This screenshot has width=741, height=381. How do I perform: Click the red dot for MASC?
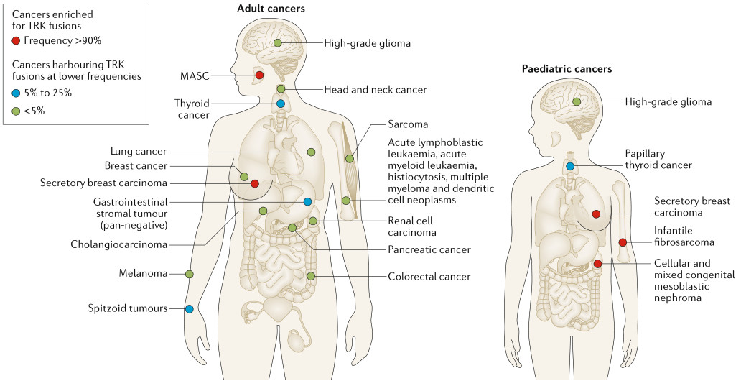259,75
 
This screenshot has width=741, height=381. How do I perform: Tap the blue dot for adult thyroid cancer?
281,104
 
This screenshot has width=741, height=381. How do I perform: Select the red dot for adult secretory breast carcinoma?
255,183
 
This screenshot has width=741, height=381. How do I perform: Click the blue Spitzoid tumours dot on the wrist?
189,308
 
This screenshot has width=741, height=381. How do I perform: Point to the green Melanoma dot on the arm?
189,274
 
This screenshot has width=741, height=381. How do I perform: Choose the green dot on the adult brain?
278,42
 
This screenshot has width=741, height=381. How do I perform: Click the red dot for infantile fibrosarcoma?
623,242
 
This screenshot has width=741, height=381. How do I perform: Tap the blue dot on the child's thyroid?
570,166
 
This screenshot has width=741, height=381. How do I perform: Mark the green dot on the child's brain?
577,101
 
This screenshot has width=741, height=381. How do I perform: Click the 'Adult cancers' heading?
271,9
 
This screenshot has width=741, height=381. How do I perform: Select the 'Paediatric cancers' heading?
567,69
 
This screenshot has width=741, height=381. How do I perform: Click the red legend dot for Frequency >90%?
16,41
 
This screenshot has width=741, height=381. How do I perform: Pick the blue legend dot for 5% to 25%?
16,93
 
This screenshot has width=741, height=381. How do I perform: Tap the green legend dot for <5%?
16,111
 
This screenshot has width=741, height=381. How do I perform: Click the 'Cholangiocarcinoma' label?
119,244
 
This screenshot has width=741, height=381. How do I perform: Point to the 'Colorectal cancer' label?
429,276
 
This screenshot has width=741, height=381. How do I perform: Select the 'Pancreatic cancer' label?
429,249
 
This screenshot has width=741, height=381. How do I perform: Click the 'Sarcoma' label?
408,124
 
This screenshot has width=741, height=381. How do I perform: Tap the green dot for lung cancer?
311,152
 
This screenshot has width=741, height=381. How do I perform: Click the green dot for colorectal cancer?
311,276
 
